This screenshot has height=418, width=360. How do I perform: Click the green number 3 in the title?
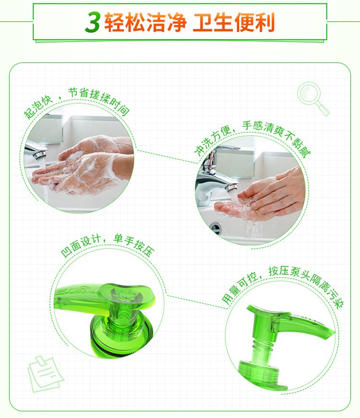pos(93,23)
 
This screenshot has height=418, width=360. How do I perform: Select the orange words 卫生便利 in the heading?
pos(234,22)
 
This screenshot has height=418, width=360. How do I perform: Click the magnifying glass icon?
pos(312,98)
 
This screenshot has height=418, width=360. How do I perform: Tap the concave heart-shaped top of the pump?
pos(125,295)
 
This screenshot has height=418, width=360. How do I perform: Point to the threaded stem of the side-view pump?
pos(262,348)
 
